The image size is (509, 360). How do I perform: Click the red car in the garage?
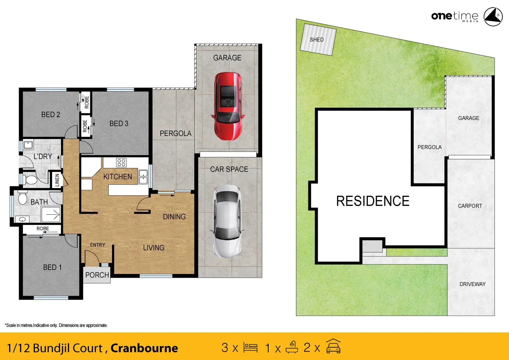coord(228,106)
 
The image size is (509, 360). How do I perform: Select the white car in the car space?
coord(227,222)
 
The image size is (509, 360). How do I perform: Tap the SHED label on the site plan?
coord(317,40)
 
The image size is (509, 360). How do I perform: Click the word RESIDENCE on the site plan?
coord(373,201)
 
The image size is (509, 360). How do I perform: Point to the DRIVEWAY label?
coord(472,284)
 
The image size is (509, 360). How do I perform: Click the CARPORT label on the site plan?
coord(470,206)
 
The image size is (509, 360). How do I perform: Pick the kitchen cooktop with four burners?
coord(121,162)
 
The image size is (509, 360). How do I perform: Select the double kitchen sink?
coord(143,177)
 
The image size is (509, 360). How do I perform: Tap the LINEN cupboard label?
coord(57,180)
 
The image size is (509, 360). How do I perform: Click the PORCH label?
coord(97,275)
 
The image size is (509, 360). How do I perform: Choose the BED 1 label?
coord(52,267)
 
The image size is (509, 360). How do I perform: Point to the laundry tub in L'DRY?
coord(28,145)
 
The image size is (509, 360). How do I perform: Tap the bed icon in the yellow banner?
coord(250,348)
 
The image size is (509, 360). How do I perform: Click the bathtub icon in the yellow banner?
coord(292,347)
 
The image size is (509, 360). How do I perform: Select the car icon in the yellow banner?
coord(333,347)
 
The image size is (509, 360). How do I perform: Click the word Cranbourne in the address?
coord(144,348)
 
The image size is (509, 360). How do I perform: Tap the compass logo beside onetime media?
coord(493,17)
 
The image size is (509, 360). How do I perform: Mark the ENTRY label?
coord(97,245)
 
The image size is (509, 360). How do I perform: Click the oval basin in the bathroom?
coord(23,219)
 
